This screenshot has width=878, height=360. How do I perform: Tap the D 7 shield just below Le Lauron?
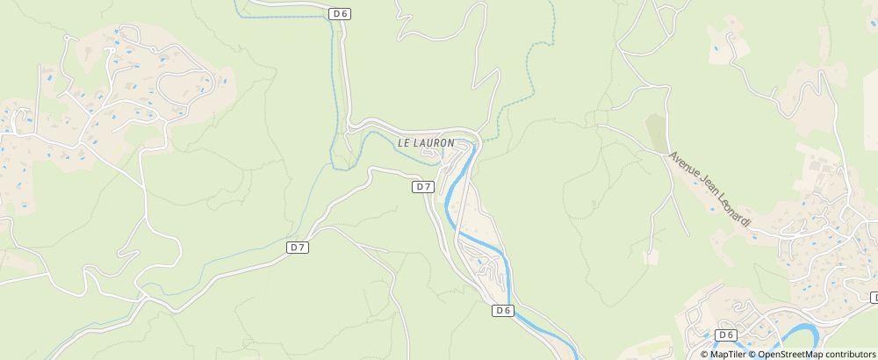(423, 187)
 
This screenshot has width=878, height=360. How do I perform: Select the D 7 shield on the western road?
(298, 248)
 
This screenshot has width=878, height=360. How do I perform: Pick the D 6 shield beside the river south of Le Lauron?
(502, 310)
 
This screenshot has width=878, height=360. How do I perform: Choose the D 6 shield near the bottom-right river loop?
(725, 335)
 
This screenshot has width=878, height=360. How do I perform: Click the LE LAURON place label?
(426, 142)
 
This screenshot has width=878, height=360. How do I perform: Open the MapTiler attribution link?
(727, 354)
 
